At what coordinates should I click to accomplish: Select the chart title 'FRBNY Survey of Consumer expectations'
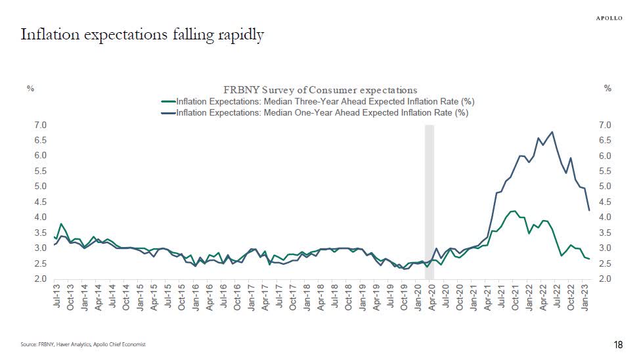pos(320,90)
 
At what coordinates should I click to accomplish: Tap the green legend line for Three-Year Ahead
pos(168,101)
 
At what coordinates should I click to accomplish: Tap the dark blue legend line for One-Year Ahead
pos(168,112)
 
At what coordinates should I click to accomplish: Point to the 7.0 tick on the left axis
pos(40,125)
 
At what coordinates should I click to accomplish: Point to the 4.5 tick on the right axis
pos(605,202)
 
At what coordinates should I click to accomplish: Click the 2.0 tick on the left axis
pos(40,279)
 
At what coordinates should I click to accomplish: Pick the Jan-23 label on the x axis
pos(585,297)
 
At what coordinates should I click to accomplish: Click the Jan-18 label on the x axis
pos(307,297)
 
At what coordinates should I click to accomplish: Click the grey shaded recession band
pos(430,197)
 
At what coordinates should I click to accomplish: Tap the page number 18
pos(617,345)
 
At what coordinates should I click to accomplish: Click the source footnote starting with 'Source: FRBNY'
pos(82,344)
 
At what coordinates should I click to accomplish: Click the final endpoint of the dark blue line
pos(588,210)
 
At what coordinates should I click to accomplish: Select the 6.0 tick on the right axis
pos(605,156)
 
